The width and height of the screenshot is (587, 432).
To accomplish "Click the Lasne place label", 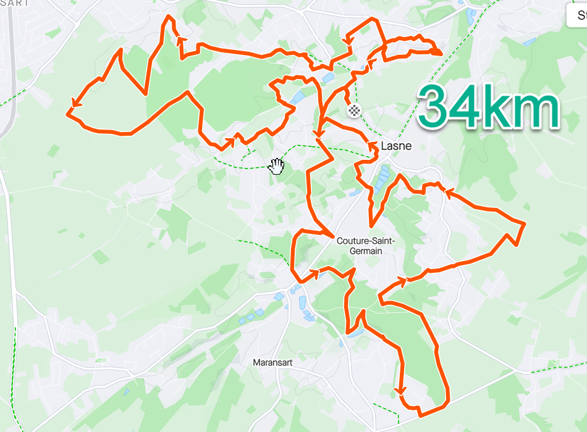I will pos(396,146).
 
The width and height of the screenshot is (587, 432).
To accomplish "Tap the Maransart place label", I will pos(272,363).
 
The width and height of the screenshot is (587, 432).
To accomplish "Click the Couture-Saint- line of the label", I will pos(366,241).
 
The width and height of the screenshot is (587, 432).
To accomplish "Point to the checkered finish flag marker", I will pos(354,110).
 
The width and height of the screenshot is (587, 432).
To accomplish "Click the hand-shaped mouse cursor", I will pos(277,165).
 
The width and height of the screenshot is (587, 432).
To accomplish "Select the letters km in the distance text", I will pos(529,106).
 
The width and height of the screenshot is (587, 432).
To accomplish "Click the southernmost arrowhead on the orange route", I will pos(401,391).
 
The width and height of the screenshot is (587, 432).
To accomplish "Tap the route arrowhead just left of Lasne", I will pos(373,146).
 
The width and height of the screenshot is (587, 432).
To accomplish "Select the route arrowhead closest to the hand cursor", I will pos(231,142).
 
